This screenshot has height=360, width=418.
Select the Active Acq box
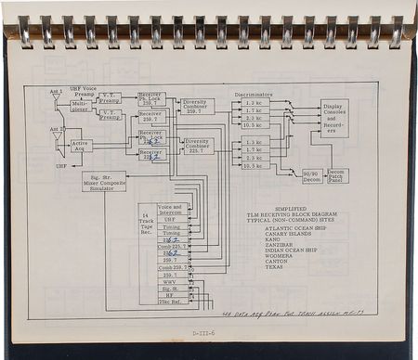point(81,146)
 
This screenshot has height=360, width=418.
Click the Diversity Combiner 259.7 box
point(196,107)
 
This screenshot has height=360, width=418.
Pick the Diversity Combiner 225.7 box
point(197,145)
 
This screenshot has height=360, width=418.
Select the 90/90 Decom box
point(312,175)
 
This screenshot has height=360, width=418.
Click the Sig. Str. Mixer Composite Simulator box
point(104,181)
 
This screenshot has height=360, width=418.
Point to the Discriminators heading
point(254,93)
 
